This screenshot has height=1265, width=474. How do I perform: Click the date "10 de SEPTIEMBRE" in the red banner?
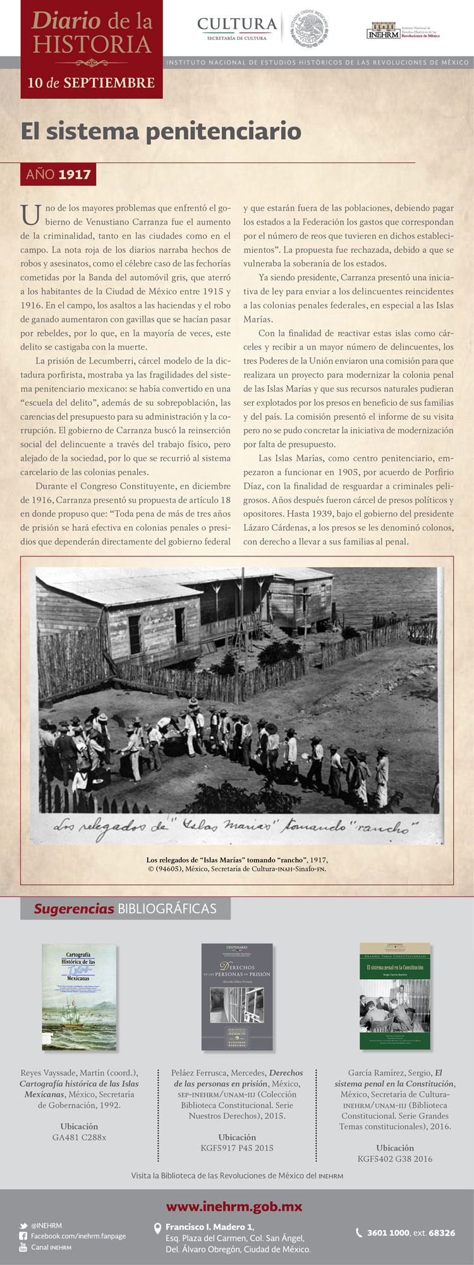(x=91, y=83)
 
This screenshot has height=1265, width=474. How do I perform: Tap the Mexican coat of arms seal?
(x=310, y=28)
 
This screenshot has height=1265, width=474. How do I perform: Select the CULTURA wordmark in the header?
(x=237, y=25)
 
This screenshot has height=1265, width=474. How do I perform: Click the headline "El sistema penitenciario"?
(x=161, y=131)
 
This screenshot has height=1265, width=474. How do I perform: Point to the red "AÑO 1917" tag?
(x=58, y=174)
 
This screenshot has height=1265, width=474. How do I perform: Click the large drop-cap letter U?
(x=30, y=215)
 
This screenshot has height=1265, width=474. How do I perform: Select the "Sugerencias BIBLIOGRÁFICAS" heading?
(x=125, y=908)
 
